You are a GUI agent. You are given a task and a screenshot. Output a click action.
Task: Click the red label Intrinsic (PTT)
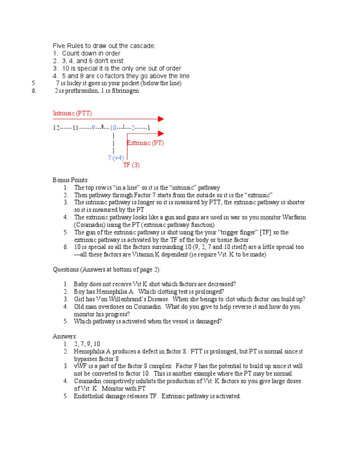pos(72,113)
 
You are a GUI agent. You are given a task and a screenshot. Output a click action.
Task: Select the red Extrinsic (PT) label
pos(145,143)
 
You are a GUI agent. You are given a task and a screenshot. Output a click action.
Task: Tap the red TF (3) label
pos(131,165)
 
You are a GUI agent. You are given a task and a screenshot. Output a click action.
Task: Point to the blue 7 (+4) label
pos(116,158)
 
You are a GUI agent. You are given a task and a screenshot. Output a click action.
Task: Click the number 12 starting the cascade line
pos(56,128)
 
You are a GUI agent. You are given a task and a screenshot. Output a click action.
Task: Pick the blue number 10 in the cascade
pos(113,128)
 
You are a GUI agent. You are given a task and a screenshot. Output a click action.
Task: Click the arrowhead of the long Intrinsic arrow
pos(161,120)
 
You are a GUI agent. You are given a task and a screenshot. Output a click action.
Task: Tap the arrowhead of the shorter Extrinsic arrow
pos(161,134)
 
